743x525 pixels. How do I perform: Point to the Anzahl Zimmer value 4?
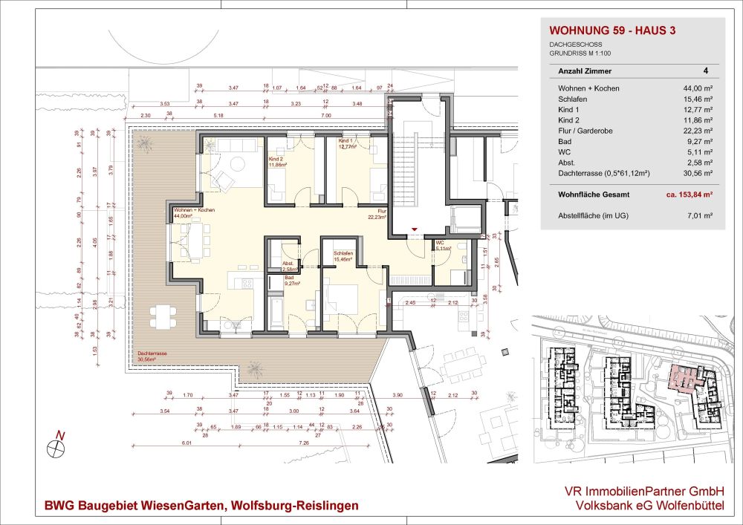[x=705, y=71]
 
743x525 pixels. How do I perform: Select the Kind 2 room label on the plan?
[x=276, y=160]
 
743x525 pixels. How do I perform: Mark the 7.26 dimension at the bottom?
[x=303, y=443]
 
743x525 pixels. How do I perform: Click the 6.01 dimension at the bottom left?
[x=166, y=443]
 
